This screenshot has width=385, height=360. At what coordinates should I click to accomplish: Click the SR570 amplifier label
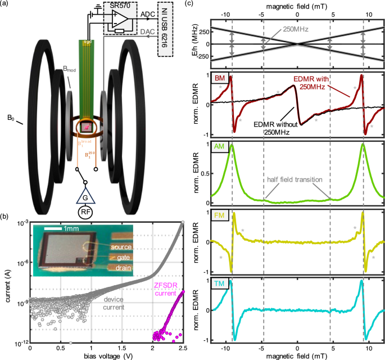[124, 5]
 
